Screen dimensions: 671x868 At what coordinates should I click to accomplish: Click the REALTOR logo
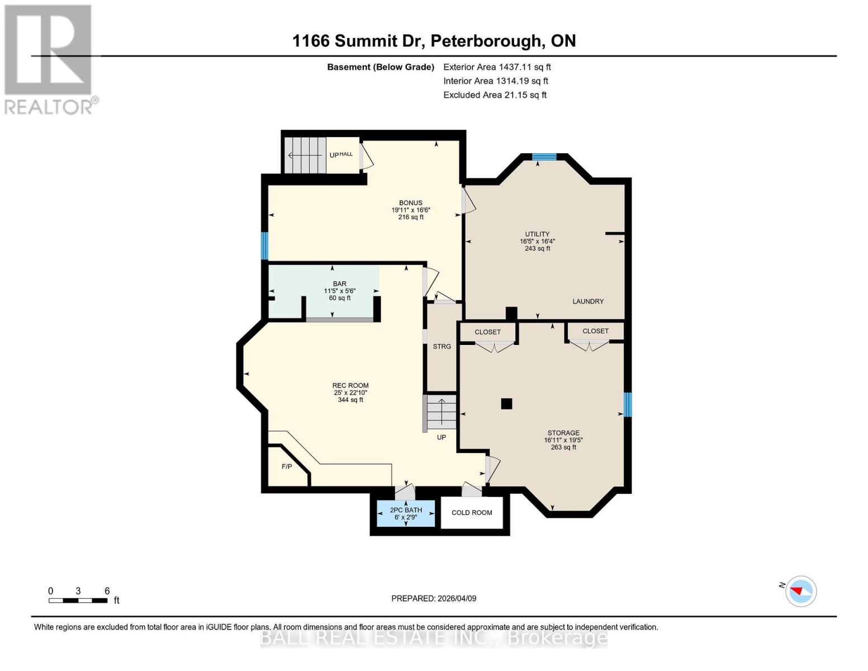pos(49,59)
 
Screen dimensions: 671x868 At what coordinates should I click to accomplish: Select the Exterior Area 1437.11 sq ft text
pos(497,67)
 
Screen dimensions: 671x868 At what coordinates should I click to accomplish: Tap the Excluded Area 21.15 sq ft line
pos(495,95)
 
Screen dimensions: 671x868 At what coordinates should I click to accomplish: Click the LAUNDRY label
pos(588,301)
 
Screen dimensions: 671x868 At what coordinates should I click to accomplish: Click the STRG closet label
pos(442,347)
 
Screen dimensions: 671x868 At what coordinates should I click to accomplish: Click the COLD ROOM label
pos(472,513)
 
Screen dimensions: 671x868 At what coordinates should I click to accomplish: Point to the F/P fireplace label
pos(286,466)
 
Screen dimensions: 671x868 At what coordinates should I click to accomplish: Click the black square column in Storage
pos(506,404)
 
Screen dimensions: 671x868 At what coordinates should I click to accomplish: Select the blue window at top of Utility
pos(544,157)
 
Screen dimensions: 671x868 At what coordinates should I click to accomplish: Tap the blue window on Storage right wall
pos(627,404)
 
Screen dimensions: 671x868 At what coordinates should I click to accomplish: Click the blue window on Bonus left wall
pos(265,246)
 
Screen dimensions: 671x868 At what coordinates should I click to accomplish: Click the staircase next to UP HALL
pos(305,155)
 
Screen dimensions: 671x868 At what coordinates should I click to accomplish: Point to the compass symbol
pos(800,591)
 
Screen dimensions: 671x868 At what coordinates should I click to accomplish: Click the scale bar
pos(78,601)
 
